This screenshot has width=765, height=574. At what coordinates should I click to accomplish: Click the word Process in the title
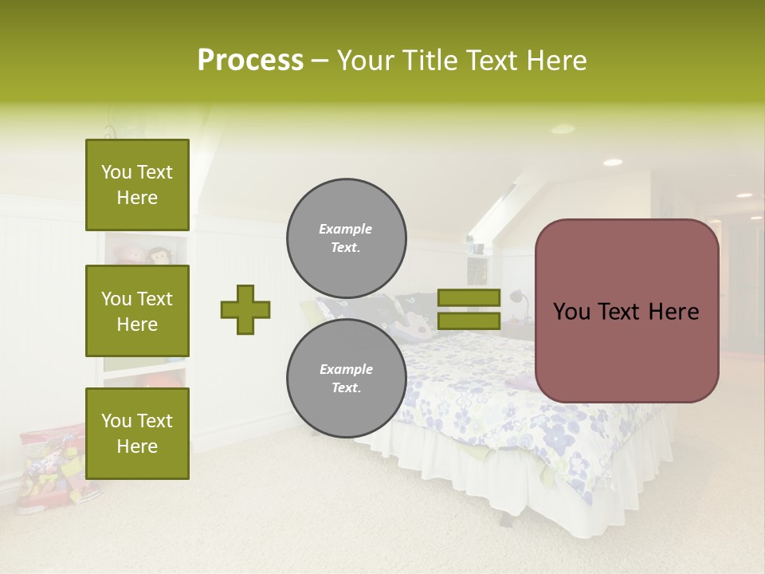[x=250, y=61]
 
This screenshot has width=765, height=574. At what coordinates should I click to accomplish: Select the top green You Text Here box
[x=137, y=185]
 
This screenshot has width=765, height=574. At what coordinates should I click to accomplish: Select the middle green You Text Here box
[x=137, y=311]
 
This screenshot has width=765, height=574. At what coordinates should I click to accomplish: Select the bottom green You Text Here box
[x=137, y=433]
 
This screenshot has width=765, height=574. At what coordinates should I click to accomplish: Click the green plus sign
[x=245, y=309]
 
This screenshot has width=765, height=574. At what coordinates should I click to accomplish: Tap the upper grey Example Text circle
[x=346, y=238]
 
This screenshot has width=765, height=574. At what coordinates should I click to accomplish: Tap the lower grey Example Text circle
[x=346, y=378]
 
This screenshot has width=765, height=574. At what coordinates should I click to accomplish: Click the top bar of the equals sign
[x=469, y=297]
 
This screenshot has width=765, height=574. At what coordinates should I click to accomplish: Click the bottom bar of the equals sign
[x=469, y=320]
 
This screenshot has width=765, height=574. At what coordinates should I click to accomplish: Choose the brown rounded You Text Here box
[x=626, y=311]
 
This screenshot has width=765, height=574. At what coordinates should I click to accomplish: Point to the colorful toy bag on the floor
[x=52, y=466]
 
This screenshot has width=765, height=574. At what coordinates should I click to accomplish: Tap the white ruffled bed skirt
[x=510, y=478]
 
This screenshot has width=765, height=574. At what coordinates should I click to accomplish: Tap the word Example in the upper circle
[x=346, y=229]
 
